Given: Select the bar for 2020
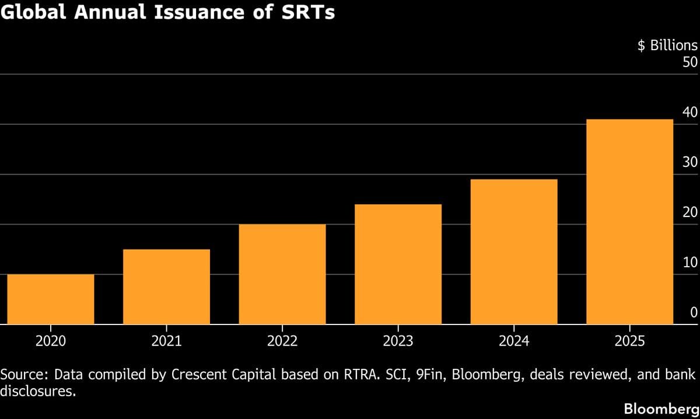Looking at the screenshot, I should [x=51, y=299].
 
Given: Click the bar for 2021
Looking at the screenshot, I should [x=166, y=287].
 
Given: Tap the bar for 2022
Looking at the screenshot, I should [x=282, y=274].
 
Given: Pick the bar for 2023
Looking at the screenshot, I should [x=398, y=264].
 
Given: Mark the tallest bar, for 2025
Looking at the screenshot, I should [x=629, y=222].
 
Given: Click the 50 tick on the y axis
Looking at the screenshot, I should [x=689, y=62].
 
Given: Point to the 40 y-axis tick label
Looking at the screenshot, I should [x=689, y=112].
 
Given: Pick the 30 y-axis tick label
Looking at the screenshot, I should [x=689, y=162].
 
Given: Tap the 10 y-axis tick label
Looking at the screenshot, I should [x=689, y=262].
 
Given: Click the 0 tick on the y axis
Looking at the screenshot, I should [x=694, y=312].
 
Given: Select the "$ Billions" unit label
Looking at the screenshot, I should [x=667, y=46].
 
